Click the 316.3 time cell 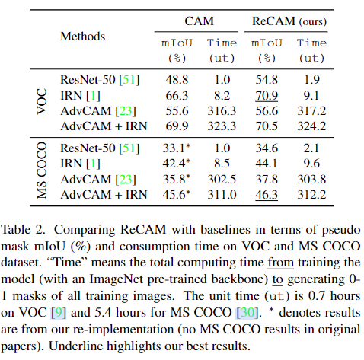click(221, 111)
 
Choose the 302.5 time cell click(221, 179)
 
